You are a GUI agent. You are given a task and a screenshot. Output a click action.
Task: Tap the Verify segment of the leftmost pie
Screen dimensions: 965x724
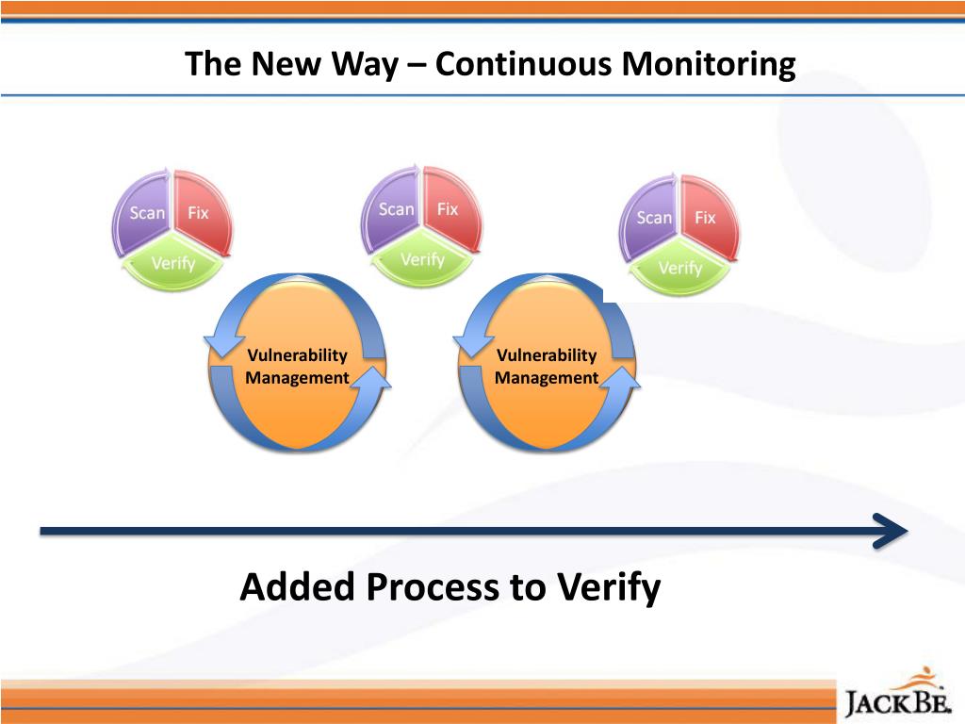(172, 263)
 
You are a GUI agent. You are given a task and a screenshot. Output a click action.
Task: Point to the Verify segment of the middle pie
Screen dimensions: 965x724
(422, 259)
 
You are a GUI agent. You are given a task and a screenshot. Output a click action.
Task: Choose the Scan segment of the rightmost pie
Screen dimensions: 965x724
(653, 218)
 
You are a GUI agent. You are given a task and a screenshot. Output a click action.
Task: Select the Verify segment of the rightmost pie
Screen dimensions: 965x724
(679, 269)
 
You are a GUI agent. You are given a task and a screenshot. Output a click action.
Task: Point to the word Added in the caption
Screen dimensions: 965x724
(298, 587)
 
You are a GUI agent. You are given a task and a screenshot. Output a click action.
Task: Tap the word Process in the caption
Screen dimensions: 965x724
(433, 587)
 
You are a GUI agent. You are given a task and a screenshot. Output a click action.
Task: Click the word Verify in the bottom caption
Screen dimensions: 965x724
(608, 587)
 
